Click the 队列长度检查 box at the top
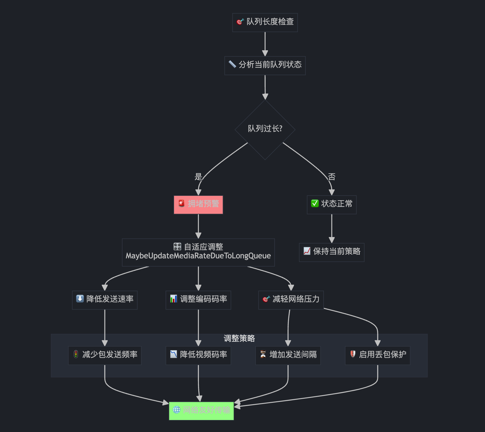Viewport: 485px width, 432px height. (x=265, y=22)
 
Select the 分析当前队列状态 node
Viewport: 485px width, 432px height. (x=265, y=65)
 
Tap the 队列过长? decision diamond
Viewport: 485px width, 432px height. (x=265, y=129)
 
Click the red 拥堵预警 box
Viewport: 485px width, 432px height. (x=198, y=204)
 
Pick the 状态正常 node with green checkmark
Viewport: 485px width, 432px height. (x=331, y=204)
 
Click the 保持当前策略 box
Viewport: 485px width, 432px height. (x=331, y=252)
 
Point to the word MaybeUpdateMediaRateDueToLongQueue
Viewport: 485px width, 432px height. (x=198, y=256)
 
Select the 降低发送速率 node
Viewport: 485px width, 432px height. (x=105, y=300)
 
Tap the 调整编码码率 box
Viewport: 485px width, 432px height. (x=198, y=300)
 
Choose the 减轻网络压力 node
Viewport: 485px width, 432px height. (x=291, y=300)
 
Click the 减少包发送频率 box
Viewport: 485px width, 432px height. (x=105, y=355)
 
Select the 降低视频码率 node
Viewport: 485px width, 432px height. (x=198, y=355)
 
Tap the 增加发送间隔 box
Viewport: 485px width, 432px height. (x=288, y=355)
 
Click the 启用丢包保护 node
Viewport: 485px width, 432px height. (x=377, y=355)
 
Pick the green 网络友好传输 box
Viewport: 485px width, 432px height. (x=201, y=411)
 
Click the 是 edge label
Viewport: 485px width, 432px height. (x=198, y=177)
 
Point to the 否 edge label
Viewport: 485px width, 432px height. (x=332, y=177)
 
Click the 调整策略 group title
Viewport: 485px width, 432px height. (x=239, y=338)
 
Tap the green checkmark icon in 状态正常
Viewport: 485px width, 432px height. (x=315, y=203)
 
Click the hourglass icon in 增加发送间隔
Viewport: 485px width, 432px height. (x=263, y=354)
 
